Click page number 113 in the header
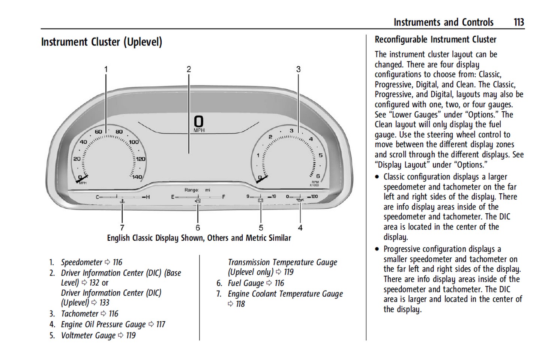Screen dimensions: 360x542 click(x=519, y=23)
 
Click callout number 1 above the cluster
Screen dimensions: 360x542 click(x=106, y=69)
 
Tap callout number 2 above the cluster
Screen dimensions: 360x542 click(x=189, y=69)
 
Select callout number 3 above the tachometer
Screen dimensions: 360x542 click(x=298, y=69)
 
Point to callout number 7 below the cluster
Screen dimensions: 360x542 click(x=122, y=227)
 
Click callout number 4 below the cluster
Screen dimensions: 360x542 click(x=300, y=227)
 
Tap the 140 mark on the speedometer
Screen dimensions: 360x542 click(x=137, y=177)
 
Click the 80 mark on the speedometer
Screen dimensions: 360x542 click(x=119, y=132)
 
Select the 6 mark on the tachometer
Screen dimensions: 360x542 click(x=318, y=176)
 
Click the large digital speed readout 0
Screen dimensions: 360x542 click(x=198, y=121)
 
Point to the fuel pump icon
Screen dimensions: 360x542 click(x=198, y=201)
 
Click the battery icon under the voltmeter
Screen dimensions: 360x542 click(x=261, y=201)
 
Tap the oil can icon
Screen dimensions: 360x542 click(x=300, y=200)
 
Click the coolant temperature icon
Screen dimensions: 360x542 click(x=122, y=202)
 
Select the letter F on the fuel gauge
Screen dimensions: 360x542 click(x=224, y=197)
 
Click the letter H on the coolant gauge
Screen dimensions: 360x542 click(x=148, y=197)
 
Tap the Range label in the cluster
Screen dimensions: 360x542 click(x=191, y=190)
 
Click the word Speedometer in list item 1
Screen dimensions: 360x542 click(x=81, y=262)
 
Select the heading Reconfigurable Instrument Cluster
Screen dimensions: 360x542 click(x=435, y=39)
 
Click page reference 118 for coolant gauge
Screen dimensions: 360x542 click(x=240, y=304)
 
